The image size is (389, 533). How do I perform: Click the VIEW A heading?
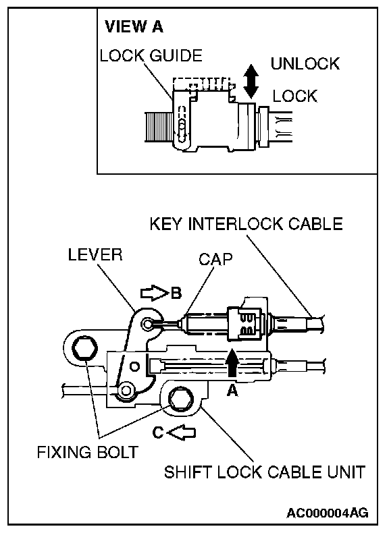coord(134,27)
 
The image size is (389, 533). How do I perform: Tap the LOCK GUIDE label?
coord(151,56)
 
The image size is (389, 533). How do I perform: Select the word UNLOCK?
coord(305,63)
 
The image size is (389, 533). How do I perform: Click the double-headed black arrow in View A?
coord(251,81)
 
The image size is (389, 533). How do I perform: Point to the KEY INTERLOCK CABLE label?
coord(247,224)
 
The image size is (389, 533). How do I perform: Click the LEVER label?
coord(95,254)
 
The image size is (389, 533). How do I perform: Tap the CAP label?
coord(215,259)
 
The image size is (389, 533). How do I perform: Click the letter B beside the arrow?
coord(176,293)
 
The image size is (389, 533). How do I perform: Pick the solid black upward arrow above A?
coord(232,364)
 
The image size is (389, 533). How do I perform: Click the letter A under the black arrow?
coord(232,391)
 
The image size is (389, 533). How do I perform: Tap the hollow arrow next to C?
coord(182,432)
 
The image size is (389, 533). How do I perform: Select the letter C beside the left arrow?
coord(158,432)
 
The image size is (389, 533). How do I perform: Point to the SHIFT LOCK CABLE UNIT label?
coord(265,472)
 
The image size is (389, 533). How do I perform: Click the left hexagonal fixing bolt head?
coord(84,349)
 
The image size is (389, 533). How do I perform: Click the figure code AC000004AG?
coord(327,513)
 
